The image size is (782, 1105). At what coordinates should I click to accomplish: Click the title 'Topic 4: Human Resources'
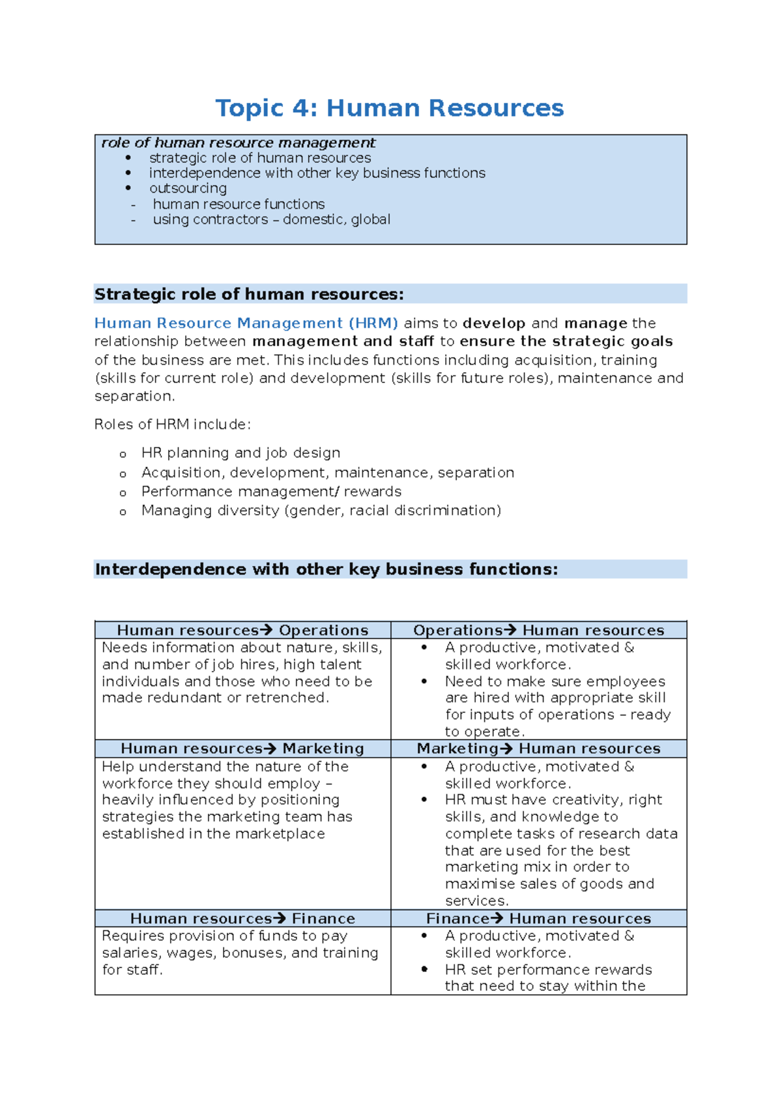(x=389, y=108)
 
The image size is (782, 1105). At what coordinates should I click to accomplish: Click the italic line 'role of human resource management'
(x=239, y=143)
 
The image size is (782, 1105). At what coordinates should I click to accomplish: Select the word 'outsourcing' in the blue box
(x=188, y=188)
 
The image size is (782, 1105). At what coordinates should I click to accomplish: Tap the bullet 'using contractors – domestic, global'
(x=271, y=220)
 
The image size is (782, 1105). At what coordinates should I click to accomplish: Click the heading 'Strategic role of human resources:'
(x=249, y=294)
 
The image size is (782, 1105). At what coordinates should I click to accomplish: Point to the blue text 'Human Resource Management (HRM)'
(x=246, y=323)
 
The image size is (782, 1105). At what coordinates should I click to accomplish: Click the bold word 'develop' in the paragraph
(x=493, y=323)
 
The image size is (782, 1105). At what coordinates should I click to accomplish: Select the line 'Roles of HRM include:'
(x=172, y=425)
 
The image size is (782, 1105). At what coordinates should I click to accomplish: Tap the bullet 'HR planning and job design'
(x=240, y=453)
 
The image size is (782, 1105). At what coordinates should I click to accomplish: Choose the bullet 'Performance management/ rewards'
(x=271, y=491)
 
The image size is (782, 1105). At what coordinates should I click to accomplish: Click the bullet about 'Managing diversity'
(x=321, y=510)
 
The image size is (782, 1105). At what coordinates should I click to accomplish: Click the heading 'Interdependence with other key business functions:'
(x=326, y=569)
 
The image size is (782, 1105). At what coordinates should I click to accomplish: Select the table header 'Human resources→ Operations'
(x=242, y=630)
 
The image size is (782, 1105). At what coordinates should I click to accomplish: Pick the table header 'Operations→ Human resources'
(x=538, y=630)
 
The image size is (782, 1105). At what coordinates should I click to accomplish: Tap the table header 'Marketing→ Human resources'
(x=538, y=749)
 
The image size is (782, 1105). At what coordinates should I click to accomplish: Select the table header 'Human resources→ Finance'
(x=242, y=919)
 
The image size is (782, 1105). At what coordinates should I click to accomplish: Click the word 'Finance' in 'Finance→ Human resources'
(x=457, y=919)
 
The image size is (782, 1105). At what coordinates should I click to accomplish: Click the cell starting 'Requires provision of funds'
(x=240, y=953)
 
